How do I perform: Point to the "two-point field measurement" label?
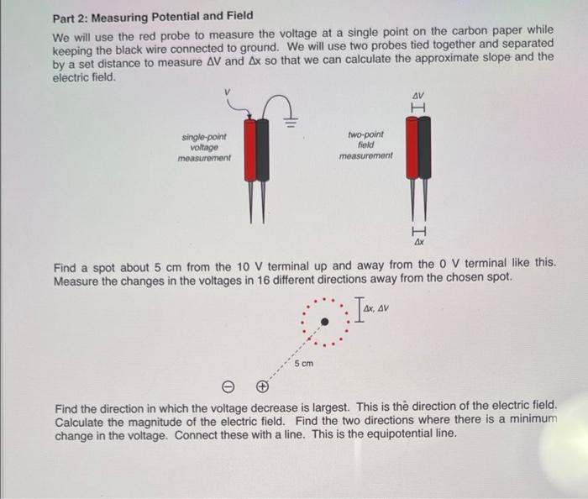(x=365, y=144)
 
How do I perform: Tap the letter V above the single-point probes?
(x=226, y=91)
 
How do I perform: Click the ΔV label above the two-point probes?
(x=418, y=95)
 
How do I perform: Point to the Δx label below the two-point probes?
(x=418, y=242)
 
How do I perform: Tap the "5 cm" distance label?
(x=303, y=364)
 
